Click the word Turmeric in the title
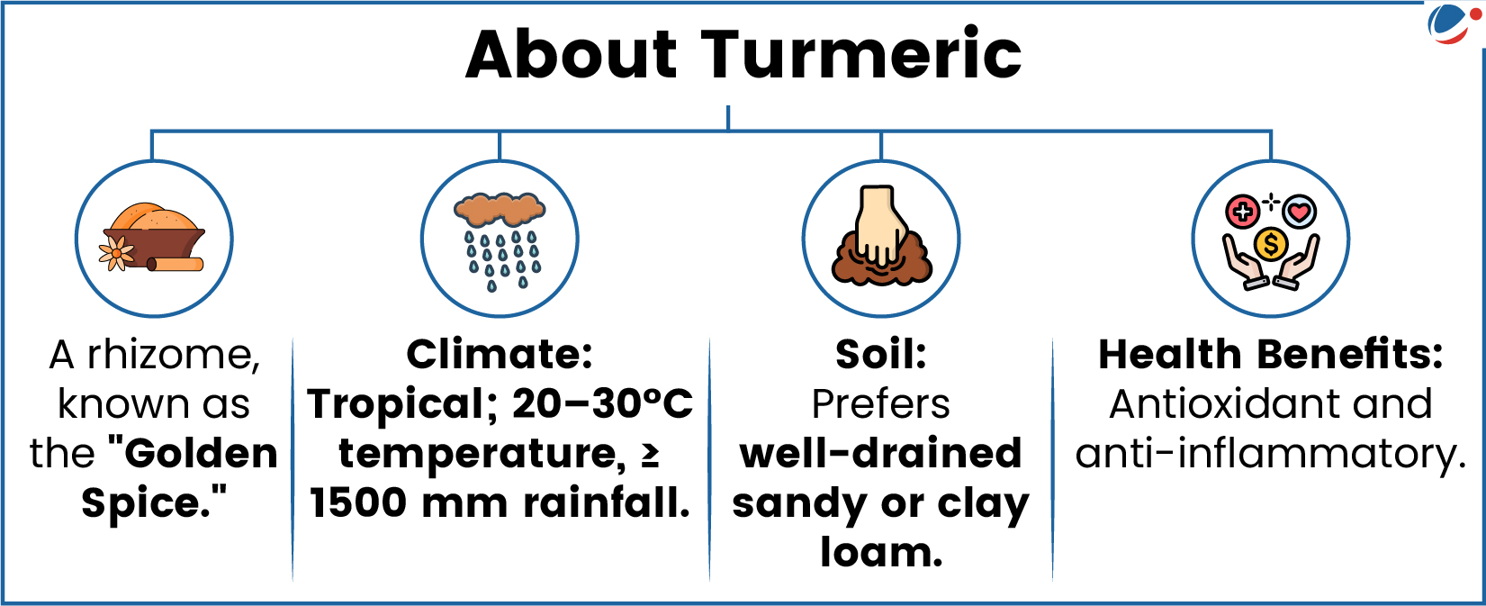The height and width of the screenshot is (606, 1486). click(x=861, y=54)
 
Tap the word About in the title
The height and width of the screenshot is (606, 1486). click(x=572, y=54)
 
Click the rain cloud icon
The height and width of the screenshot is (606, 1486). click(x=500, y=241)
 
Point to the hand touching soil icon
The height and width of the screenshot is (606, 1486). click(x=881, y=236)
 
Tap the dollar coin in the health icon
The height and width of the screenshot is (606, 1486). click(x=1271, y=244)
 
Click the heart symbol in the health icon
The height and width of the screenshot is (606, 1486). click(x=1300, y=213)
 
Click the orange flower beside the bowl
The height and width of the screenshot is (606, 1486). click(x=116, y=254)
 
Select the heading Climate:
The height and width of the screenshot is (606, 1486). click(x=500, y=355)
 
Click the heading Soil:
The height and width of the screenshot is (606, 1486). click(x=881, y=355)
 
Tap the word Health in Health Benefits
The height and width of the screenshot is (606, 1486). click(x=1169, y=355)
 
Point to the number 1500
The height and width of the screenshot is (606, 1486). click(x=358, y=503)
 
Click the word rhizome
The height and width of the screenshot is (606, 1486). click(x=174, y=355)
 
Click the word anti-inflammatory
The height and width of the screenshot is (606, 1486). click(x=1270, y=456)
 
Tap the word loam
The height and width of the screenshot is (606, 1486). click(x=881, y=552)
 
